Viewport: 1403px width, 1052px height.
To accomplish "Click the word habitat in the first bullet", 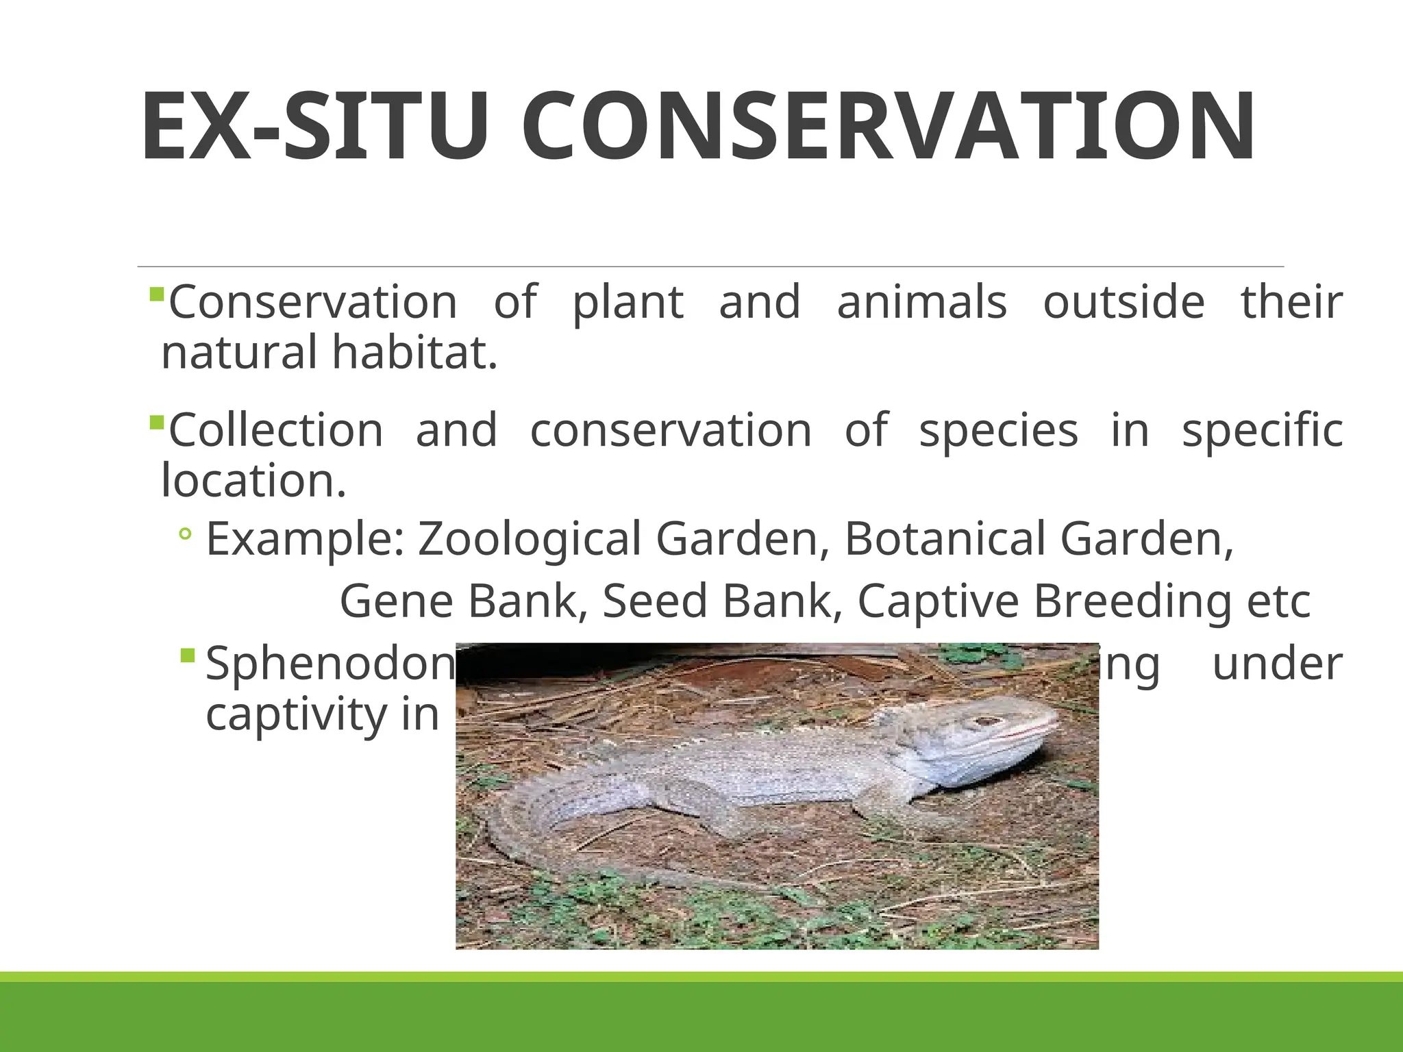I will click(x=414, y=353).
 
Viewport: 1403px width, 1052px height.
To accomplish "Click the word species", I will click(x=998, y=432).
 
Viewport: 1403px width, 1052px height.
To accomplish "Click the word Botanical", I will click(x=945, y=539).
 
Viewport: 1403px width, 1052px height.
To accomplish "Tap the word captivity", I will click(x=297, y=715).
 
